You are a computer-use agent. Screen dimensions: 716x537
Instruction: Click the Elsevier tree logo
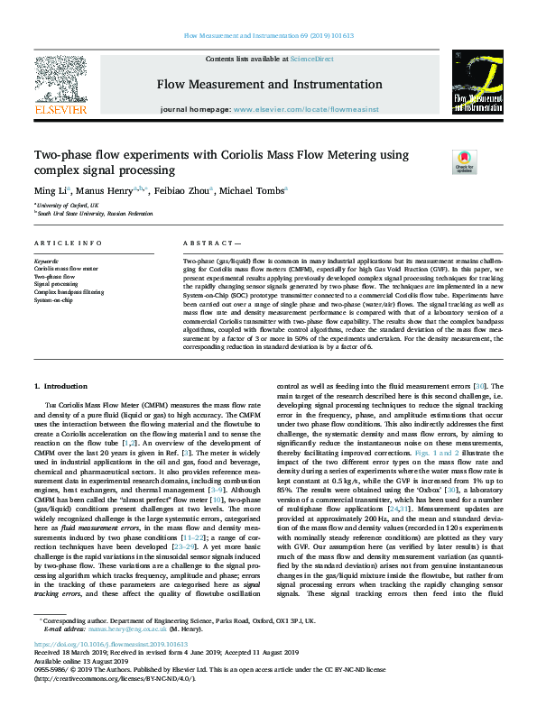(x=60, y=85)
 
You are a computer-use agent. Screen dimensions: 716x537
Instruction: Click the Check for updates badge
(x=464, y=161)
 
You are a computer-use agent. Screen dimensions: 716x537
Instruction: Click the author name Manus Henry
(x=103, y=191)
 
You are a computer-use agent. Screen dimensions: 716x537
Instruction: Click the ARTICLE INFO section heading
(x=68, y=244)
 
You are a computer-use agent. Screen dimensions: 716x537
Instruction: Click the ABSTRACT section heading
(x=210, y=244)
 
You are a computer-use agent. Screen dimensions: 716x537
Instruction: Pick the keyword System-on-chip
(x=57, y=300)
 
